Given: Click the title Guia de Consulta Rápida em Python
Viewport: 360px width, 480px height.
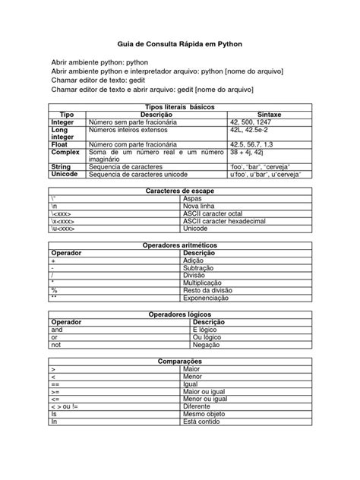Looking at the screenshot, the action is [179, 44].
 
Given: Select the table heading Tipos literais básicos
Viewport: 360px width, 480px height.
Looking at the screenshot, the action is [179, 106].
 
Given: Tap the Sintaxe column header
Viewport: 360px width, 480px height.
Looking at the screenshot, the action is [270, 114].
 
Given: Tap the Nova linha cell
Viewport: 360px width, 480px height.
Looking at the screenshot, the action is [200, 204].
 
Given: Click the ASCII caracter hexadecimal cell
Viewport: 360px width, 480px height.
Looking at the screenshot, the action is [223, 220].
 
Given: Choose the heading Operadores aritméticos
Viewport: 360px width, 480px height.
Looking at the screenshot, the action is [179, 245].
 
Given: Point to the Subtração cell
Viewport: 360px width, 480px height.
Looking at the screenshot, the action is [200, 268].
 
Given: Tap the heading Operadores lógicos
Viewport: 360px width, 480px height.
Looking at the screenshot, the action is [179, 314].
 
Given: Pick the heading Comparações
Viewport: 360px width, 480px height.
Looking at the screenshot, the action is [179, 361].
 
